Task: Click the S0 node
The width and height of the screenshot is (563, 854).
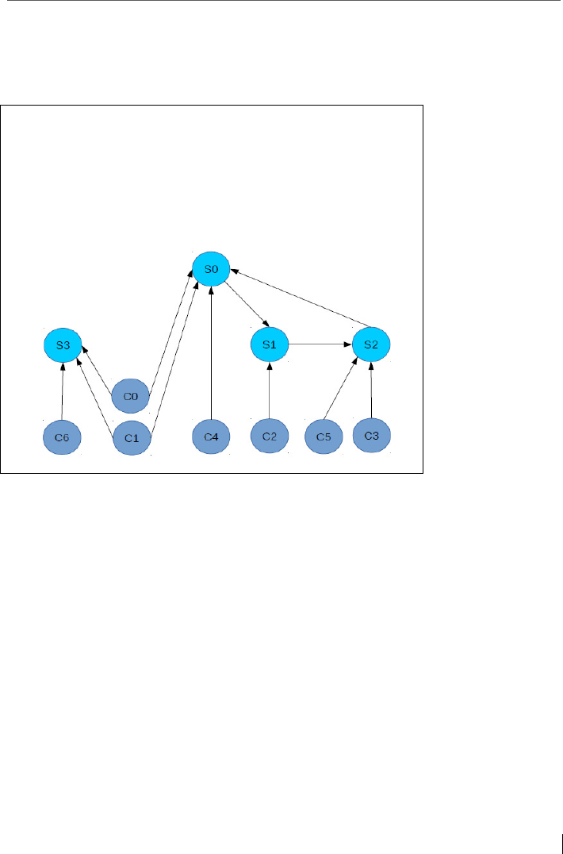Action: [x=211, y=270]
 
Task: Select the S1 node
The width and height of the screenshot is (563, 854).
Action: [x=270, y=345]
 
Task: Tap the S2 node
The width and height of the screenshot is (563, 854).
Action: [x=372, y=345]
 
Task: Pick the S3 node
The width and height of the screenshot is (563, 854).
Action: [x=63, y=345]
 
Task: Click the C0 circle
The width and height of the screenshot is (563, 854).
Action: [x=131, y=395]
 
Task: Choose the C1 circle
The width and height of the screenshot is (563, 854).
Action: [x=132, y=437]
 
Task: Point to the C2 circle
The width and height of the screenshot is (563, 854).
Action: [x=270, y=437]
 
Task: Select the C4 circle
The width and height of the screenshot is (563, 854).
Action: [x=211, y=437]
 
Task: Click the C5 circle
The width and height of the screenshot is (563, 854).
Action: [x=324, y=437]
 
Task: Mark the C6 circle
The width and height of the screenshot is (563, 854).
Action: [x=62, y=437]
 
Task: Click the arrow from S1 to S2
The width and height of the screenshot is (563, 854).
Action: [x=320, y=345]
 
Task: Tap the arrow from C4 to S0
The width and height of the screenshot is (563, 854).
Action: [x=211, y=353]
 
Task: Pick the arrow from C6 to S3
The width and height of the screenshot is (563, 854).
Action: [x=63, y=391]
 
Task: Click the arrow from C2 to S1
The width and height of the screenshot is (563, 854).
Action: [x=270, y=391]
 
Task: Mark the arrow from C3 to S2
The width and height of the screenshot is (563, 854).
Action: [x=372, y=390]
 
